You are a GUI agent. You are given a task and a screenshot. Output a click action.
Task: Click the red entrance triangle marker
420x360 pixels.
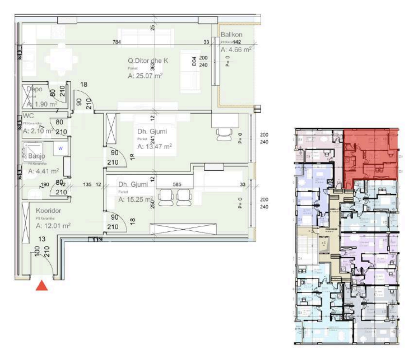(x=42, y=285)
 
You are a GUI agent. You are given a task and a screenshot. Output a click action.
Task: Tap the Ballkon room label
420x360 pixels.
(x=231, y=35)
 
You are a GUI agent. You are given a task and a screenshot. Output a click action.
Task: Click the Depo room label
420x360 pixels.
(x=35, y=89)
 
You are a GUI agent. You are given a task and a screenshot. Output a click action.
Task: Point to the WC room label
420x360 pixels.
(x=28, y=116)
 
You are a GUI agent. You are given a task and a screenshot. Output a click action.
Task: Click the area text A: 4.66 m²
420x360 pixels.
(x=236, y=50)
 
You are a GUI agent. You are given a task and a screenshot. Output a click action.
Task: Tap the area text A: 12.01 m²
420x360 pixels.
(x=53, y=226)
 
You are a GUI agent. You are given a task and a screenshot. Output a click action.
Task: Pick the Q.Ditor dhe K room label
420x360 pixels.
(x=148, y=61)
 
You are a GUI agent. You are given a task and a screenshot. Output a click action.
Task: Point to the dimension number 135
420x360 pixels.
(x=87, y=185)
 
